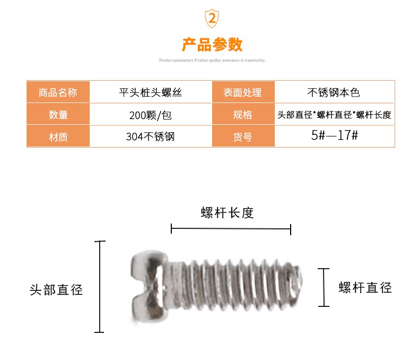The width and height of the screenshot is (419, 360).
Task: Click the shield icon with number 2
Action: point(212,19)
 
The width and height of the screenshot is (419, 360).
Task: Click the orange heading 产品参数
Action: point(212,44)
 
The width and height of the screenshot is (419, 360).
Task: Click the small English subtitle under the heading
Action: point(212,61)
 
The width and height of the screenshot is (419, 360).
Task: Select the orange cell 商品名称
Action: point(58,92)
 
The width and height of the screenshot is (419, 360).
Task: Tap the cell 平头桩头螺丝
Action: point(150,92)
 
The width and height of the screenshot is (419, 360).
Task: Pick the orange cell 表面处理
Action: point(242,92)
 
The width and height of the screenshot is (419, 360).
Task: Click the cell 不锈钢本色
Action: point(334,92)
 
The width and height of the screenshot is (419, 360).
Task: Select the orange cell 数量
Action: point(58,115)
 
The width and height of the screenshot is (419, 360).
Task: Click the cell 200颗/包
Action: point(150,115)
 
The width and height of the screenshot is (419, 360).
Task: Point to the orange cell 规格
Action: point(242,115)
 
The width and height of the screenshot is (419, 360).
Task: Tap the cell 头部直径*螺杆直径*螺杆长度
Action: point(334,115)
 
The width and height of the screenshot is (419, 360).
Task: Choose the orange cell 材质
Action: point(58,137)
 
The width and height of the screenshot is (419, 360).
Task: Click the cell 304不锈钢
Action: point(150,137)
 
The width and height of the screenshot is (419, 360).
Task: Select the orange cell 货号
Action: point(242,137)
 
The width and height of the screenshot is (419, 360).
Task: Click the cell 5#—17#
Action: point(334,135)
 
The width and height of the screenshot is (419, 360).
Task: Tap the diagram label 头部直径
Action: point(56,290)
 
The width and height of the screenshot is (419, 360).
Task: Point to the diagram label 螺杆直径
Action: point(365,288)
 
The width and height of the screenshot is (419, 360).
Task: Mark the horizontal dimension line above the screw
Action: point(231,229)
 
